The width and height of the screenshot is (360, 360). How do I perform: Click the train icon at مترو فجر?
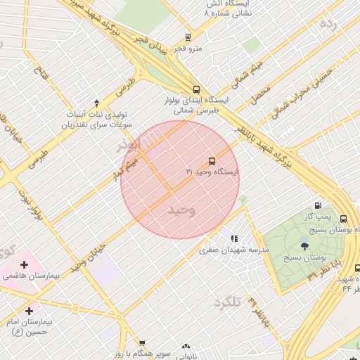coord(188,37)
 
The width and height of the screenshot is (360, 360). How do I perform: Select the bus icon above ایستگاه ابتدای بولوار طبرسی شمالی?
coord(196,89)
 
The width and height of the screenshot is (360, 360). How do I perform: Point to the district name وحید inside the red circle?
coord(181,210)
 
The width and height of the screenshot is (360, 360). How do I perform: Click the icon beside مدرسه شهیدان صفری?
coord(234,239)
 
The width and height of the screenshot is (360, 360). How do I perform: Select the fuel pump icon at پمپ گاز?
coord(319,206)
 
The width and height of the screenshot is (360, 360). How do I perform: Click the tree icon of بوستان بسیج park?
coord(304,245)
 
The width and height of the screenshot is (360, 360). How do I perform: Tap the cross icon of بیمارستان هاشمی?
coord(25,264)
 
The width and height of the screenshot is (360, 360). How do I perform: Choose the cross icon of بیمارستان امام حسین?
coord(29,311)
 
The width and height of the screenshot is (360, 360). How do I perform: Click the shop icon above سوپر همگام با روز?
coord(142,343)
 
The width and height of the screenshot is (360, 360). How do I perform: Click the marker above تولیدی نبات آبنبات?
coord(96,103)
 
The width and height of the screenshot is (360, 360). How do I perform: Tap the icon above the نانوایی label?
coord(186,347)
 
